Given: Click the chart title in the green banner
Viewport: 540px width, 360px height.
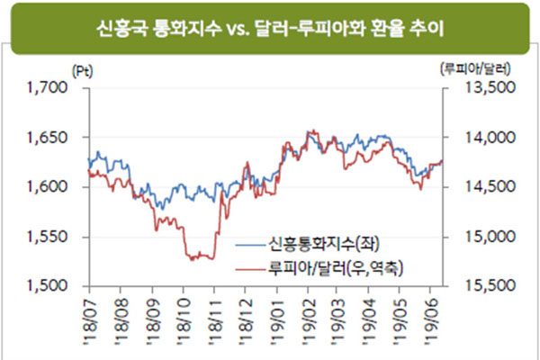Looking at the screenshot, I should [270, 31].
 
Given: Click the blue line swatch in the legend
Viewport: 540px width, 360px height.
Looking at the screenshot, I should [250, 244].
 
